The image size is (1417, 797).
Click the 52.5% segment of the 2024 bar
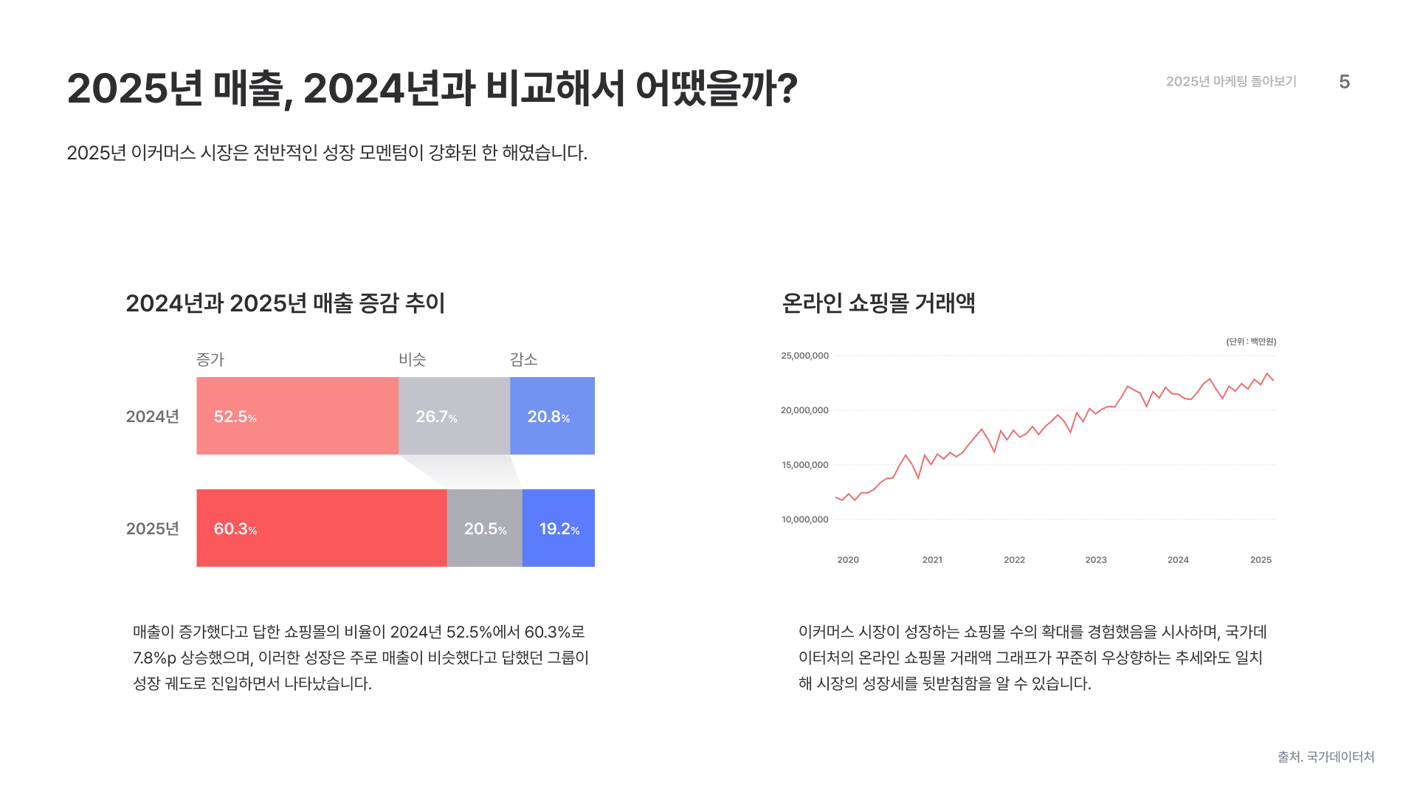point(297,416)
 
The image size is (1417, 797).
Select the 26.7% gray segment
point(454,416)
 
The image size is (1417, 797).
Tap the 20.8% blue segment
point(552,416)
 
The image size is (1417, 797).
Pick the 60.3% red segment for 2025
point(321,528)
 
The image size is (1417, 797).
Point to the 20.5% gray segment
point(484,528)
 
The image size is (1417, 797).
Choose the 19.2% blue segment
point(559,528)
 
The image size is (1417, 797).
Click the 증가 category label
point(210,359)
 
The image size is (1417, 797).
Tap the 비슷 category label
point(413,359)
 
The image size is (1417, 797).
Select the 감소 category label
point(523,359)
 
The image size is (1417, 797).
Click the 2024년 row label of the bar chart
point(153,417)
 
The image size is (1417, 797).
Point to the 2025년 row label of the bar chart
point(153,529)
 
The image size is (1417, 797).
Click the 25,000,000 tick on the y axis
point(804,356)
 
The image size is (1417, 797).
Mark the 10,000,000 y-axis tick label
point(804,520)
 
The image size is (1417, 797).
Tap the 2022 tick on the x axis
point(1014,560)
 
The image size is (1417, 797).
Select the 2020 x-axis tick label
point(848,560)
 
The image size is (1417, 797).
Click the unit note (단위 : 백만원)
point(1251,342)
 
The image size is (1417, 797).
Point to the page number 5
point(1344,82)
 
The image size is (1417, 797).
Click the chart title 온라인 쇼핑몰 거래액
point(878,303)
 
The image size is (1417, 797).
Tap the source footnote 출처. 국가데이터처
point(1325,757)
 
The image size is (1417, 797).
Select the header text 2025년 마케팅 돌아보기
point(1231,82)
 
